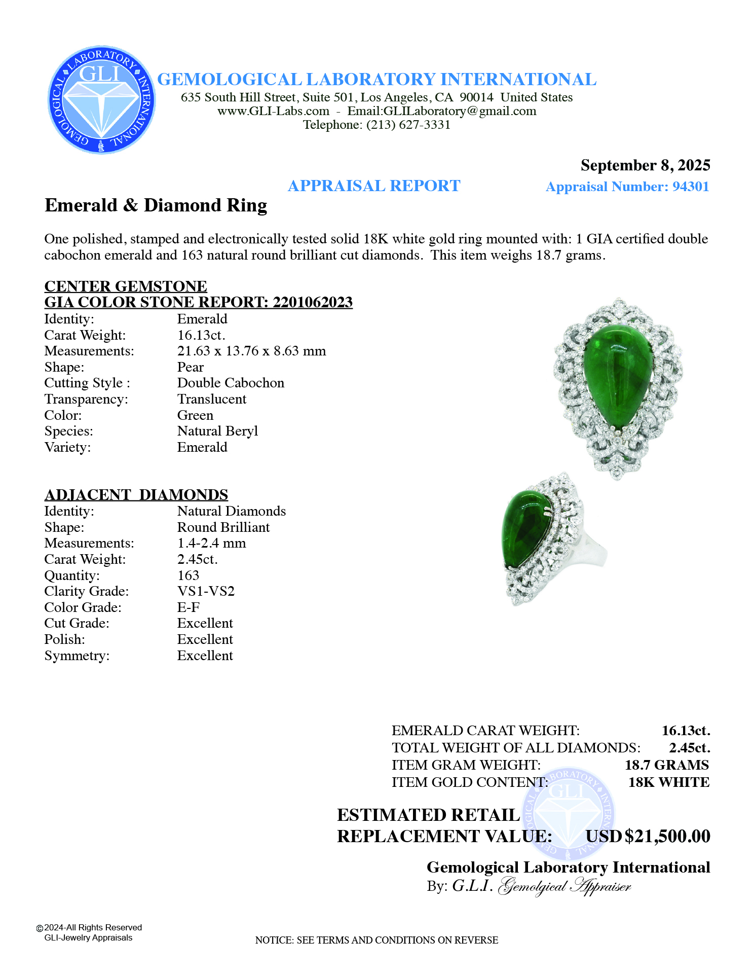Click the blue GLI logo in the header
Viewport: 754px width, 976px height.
click(101, 100)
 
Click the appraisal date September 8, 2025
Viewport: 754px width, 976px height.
click(645, 165)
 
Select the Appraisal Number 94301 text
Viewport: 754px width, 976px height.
click(627, 187)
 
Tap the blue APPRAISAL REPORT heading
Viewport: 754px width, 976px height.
click(374, 186)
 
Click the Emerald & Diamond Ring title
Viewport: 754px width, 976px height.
click(156, 205)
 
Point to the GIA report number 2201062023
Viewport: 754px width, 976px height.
click(313, 302)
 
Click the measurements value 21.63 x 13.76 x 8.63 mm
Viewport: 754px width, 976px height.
click(251, 351)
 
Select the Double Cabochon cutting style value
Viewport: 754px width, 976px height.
click(231, 383)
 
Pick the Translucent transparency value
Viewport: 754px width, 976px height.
click(212, 399)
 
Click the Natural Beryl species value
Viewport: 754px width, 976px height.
click(217, 431)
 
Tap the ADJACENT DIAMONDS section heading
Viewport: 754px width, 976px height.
click(136, 495)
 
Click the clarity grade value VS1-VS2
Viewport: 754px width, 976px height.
click(206, 591)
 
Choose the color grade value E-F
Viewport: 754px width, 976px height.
click(188, 607)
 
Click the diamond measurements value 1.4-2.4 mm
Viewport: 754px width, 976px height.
click(211, 543)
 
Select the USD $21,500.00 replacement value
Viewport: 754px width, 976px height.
click(648, 836)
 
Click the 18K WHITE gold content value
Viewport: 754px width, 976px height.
click(668, 782)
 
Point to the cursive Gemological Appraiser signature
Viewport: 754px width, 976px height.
click(565, 886)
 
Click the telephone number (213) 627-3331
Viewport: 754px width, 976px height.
click(408, 125)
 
